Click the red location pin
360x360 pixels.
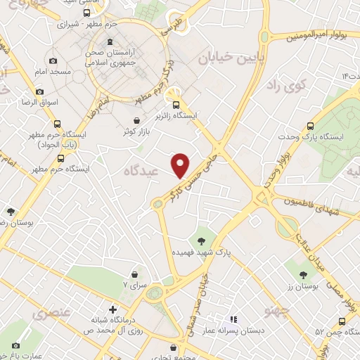pyautogui.click(x=181, y=165)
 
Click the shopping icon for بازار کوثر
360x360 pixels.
pyautogui.click(x=136, y=120)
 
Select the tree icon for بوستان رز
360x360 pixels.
pyautogui.click(x=303, y=275)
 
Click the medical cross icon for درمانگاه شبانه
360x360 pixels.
pyautogui.click(x=112, y=309)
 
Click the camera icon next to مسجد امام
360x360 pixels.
pyautogui.click(x=53, y=61)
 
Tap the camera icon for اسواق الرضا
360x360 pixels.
pyautogui.click(x=39, y=91)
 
